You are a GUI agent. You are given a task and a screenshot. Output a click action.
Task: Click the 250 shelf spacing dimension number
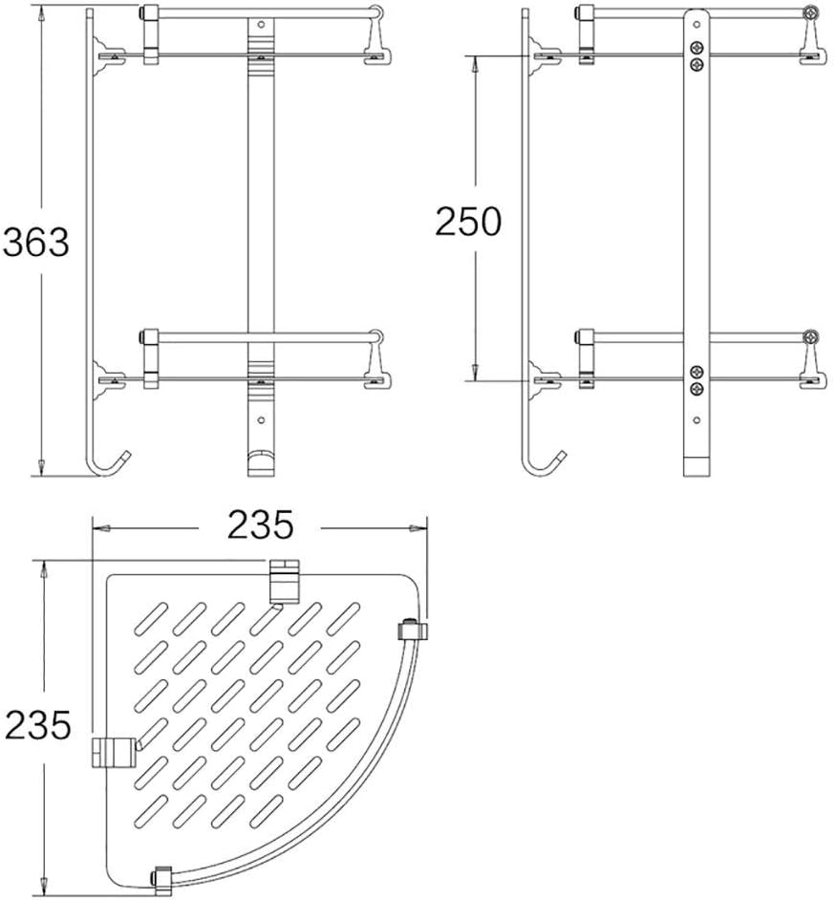(468, 222)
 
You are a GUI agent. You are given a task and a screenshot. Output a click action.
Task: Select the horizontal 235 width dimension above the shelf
(259, 525)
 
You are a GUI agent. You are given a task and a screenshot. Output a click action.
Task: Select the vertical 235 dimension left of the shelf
(37, 725)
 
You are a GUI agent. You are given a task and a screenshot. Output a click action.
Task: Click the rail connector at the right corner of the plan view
(410, 631)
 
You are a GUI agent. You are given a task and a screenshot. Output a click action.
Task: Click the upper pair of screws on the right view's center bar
(696, 54)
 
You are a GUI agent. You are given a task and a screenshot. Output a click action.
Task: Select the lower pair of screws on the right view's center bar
(696, 378)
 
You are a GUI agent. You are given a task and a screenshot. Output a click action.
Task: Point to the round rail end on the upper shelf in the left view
(378, 14)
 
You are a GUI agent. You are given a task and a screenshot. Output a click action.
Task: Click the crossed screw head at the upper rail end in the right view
(811, 14)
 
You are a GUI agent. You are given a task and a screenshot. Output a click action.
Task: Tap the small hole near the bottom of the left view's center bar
(260, 418)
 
